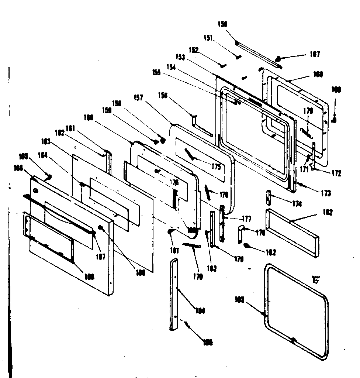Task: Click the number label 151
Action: coord(208,38)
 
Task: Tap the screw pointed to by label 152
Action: coord(223,66)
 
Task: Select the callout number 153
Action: coord(180,58)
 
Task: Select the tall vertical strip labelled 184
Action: coord(174,294)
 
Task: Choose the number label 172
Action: coord(336,173)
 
